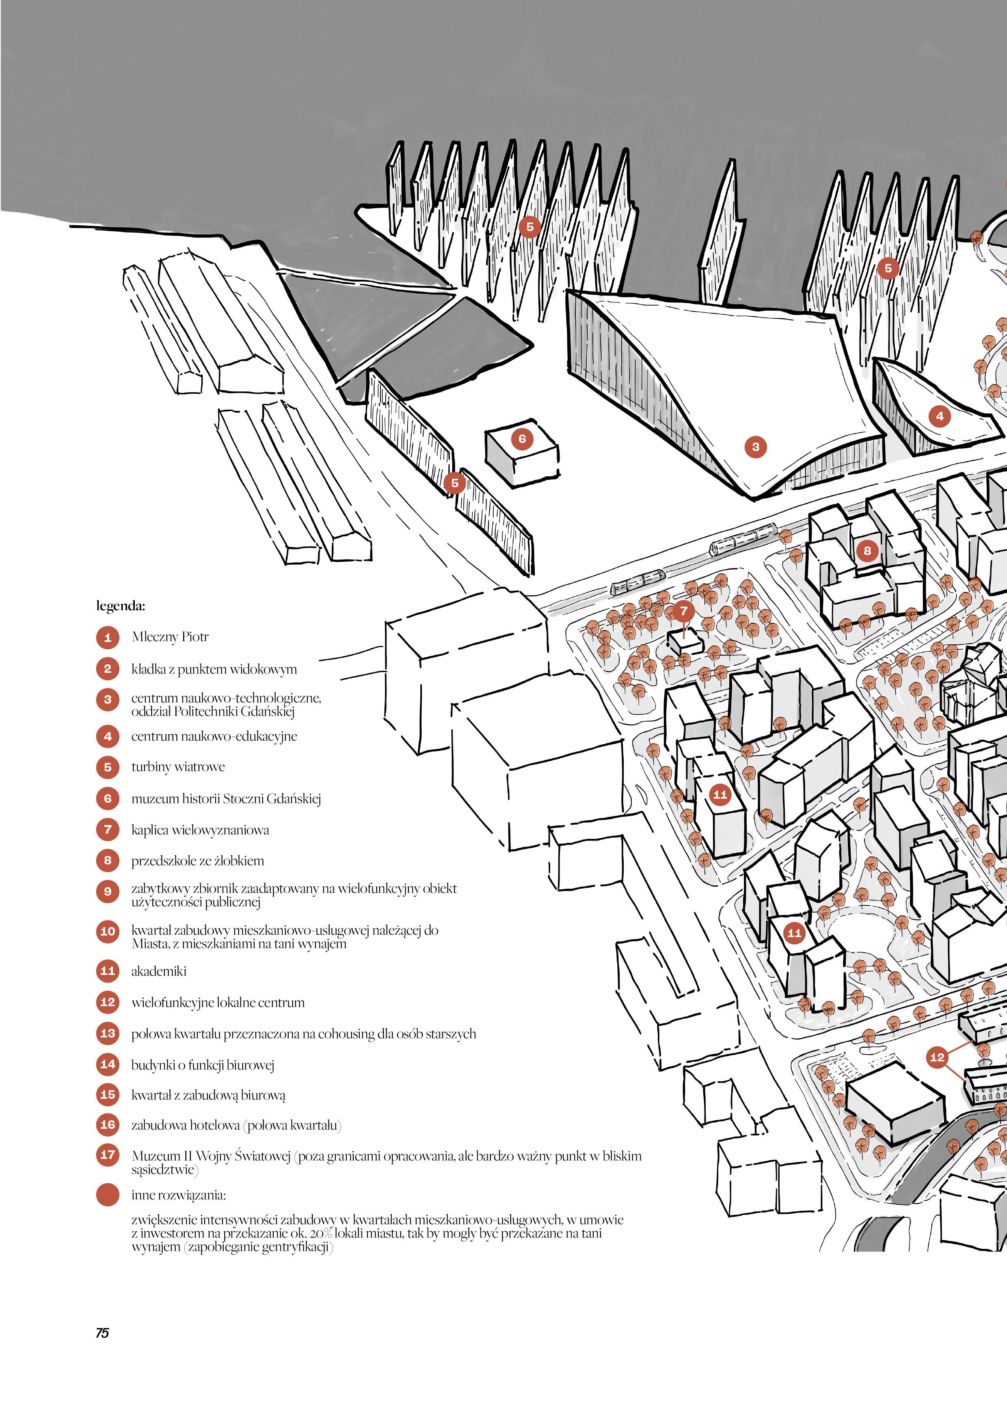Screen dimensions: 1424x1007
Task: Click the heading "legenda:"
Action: pos(120,605)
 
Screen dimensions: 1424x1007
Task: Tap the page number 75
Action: pos(102,1333)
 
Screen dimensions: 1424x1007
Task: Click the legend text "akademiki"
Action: pos(159,970)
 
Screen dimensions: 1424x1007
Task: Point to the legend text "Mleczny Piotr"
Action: pos(170,636)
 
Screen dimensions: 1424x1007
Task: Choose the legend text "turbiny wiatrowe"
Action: pos(178,767)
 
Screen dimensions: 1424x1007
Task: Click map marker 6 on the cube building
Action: pos(522,439)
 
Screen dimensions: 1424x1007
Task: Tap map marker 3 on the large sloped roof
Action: pos(755,447)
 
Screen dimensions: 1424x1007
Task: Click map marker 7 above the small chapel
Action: pos(683,611)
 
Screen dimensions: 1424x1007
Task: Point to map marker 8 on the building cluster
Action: pos(867,550)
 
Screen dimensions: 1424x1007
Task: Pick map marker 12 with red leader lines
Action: pos(937,1057)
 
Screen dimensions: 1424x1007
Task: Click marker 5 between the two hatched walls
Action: pos(454,482)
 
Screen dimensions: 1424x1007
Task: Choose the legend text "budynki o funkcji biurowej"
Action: pos(203,1064)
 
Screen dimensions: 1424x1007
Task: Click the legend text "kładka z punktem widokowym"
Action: pos(214,669)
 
